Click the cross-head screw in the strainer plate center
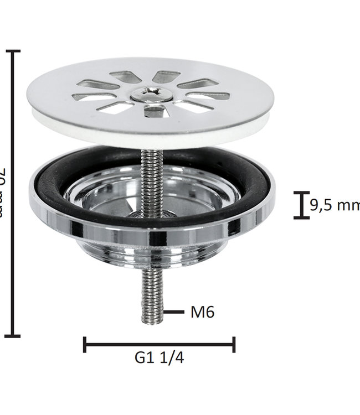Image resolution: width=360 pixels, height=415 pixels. point(151,94)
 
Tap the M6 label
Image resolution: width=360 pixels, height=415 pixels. point(202,313)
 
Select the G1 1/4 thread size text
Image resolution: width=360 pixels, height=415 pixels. point(159,358)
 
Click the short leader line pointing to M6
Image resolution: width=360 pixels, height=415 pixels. point(174,312)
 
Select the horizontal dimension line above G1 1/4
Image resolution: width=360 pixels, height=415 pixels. point(159,344)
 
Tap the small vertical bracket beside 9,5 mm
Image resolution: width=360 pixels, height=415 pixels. point(301,205)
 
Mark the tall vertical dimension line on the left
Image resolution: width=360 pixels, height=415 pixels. point(13,194)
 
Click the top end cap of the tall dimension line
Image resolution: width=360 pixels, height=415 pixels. point(13,51)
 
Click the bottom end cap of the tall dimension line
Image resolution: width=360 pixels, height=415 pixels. point(13,336)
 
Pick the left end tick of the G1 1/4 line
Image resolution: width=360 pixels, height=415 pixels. point(84,344)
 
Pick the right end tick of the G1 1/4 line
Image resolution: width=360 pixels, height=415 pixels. point(234,344)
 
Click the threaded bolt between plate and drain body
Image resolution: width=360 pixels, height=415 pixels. point(150,177)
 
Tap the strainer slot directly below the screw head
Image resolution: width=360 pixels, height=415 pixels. point(154,112)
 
